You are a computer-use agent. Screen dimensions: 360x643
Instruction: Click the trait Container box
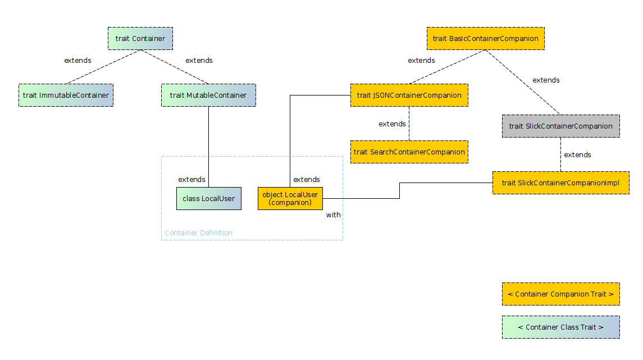(x=140, y=39)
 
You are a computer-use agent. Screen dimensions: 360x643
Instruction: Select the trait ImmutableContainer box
(x=66, y=95)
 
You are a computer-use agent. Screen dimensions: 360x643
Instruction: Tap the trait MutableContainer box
(x=208, y=95)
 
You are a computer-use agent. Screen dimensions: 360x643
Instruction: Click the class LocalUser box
(x=209, y=199)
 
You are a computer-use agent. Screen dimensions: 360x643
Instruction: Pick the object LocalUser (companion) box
(x=290, y=199)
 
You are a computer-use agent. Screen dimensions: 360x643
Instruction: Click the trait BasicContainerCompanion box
(x=485, y=39)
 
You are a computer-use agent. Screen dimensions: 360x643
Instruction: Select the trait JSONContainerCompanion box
(x=409, y=95)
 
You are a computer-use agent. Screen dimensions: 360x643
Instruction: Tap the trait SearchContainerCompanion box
(x=409, y=152)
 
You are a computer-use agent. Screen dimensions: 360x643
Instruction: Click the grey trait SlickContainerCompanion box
(x=560, y=126)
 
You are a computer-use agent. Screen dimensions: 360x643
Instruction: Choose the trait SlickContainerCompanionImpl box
(x=560, y=183)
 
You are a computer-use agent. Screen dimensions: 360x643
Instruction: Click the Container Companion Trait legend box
(x=560, y=294)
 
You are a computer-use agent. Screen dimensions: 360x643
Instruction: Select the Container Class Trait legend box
(x=560, y=327)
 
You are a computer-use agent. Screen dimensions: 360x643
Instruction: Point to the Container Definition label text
(x=198, y=233)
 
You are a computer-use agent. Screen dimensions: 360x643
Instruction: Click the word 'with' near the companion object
(x=333, y=215)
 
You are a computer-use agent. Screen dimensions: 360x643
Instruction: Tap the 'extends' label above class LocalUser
(x=191, y=180)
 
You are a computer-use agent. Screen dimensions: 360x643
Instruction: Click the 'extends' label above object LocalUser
(x=307, y=180)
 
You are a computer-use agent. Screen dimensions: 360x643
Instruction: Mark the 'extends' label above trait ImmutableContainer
(x=77, y=61)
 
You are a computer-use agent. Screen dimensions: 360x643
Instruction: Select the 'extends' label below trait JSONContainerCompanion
(x=392, y=124)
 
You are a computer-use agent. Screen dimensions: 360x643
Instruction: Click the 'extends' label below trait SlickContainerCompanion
(x=577, y=155)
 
